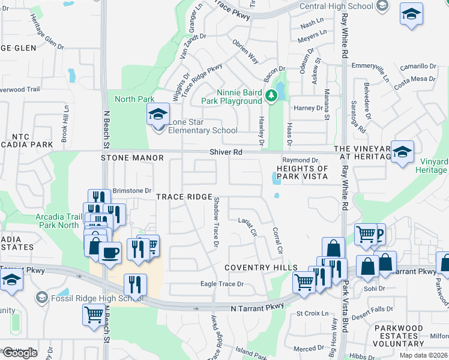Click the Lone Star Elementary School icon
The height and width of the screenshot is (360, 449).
click(x=158, y=114)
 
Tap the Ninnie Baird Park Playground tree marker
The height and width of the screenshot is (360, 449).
click(x=271, y=95)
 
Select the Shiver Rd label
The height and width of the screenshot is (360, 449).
click(x=226, y=152)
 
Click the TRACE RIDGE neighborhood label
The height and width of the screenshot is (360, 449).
click(x=184, y=197)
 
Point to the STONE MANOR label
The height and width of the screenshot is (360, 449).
click(x=132, y=158)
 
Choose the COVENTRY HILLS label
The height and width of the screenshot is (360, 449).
click(x=261, y=267)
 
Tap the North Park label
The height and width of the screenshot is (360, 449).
click(x=134, y=99)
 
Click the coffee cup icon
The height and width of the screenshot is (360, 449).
click(x=110, y=253)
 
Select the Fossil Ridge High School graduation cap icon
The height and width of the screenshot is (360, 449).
click(x=41, y=297)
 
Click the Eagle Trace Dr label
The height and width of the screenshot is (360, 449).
click(x=222, y=284)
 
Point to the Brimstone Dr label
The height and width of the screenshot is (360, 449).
click(x=132, y=190)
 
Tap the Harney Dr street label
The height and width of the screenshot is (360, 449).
click(x=309, y=108)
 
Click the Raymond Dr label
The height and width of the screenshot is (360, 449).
click(x=300, y=160)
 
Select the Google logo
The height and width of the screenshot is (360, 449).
click(x=20, y=353)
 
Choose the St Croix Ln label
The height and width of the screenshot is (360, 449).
click(x=313, y=313)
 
